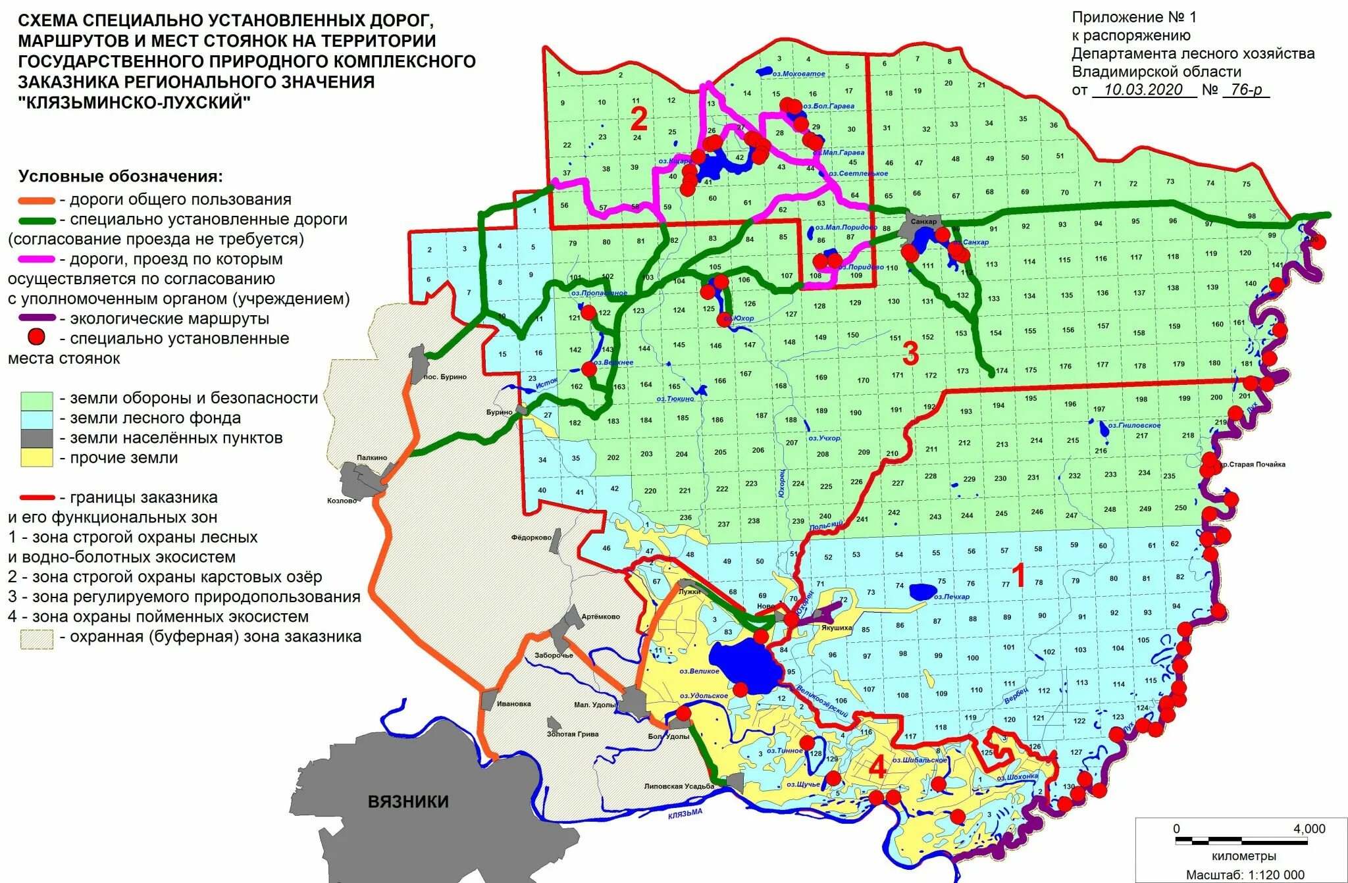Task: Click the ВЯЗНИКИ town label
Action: (x=408, y=801)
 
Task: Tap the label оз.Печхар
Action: (x=951, y=597)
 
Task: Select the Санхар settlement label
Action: (x=923, y=222)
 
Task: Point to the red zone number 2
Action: (x=638, y=119)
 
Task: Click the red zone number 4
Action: (x=877, y=767)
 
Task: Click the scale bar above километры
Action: (x=1242, y=841)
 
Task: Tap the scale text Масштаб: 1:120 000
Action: (x=1245, y=874)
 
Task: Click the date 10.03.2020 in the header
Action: (x=1143, y=90)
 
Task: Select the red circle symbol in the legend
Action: (x=36, y=338)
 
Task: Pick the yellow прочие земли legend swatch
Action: (x=36, y=458)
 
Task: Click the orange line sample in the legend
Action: (x=36, y=200)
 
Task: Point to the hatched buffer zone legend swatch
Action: (x=36, y=638)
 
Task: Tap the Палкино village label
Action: (x=372, y=457)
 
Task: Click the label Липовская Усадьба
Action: (x=679, y=786)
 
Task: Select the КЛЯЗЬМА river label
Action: (x=685, y=814)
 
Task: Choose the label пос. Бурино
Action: (x=445, y=377)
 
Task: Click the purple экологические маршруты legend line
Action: (x=36, y=319)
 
